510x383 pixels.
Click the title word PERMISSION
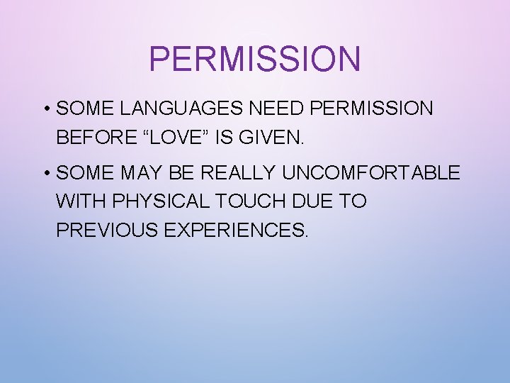pyautogui.click(x=254, y=59)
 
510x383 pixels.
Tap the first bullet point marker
pyautogui.click(x=45, y=109)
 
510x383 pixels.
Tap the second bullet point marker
pyautogui.click(x=45, y=173)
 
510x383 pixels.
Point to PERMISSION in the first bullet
pyautogui.click(x=372, y=109)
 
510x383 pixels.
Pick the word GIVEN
pyautogui.click(x=272, y=138)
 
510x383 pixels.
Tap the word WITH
pyautogui.click(x=79, y=201)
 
